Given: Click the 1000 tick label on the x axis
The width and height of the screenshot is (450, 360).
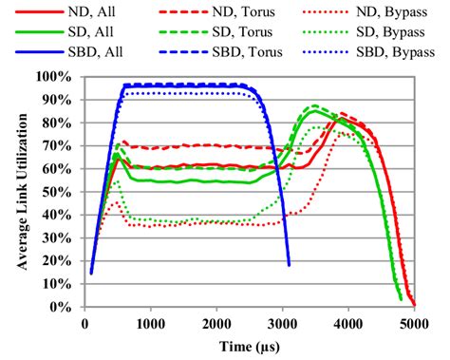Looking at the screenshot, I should [150, 323].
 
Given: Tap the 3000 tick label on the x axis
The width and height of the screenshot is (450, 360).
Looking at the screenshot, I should [282, 323].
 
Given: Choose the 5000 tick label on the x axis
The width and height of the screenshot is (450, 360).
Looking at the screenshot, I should [413, 323].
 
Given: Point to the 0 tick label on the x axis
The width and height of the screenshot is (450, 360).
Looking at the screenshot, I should [84, 323].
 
